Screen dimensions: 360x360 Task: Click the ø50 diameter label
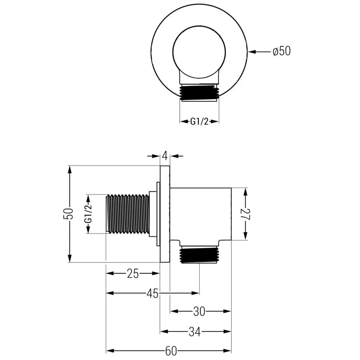tap(282, 51)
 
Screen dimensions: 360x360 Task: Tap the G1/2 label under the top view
tap(199, 122)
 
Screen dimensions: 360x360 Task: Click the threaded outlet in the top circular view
tap(199, 93)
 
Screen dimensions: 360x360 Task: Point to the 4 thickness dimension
tap(165, 156)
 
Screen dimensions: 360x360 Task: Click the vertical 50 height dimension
tap(70, 214)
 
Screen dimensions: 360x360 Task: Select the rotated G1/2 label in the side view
tap(87, 214)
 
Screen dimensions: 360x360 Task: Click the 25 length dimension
tap(132, 274)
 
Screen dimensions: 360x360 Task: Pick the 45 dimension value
tap(152, 293)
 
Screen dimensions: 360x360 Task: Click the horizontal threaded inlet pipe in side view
tap(129, 214)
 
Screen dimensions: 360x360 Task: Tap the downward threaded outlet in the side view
tap(199, 255)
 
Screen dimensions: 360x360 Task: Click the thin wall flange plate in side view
tap(165, 214)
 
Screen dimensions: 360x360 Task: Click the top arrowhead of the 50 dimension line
tap(70, 170)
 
